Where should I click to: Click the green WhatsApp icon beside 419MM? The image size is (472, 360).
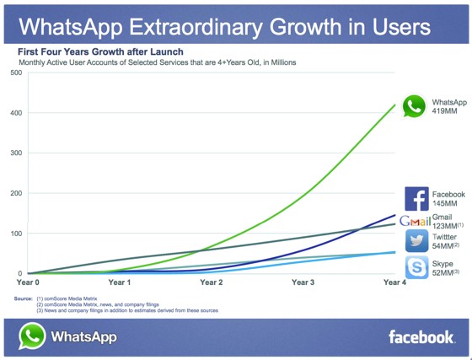pos(414,106)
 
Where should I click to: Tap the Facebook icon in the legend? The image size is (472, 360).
pos(416,198)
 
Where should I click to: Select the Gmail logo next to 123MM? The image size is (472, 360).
pos(416,222)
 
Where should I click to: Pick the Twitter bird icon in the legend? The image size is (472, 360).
pos(416,241)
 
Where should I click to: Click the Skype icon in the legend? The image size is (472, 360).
pos(416,268)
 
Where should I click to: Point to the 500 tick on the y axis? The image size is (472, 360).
pos(15,73)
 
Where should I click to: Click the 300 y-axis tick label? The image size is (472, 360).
pos(15,153)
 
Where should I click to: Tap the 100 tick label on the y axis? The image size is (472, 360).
pos(15,234)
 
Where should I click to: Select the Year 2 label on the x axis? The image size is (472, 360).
pos(211,282)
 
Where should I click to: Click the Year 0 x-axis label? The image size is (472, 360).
pos(28,282)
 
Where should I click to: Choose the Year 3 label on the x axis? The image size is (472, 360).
pos(302,282)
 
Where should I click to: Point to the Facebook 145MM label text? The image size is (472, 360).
pos(446,199)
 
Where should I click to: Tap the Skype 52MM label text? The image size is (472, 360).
pos(445,269)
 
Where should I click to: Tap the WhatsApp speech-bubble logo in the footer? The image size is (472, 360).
pos(31,336)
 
